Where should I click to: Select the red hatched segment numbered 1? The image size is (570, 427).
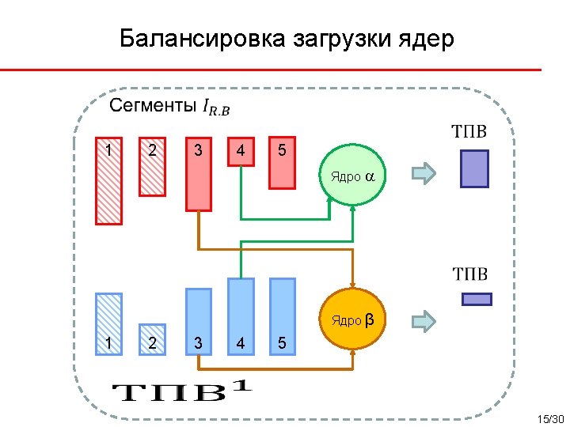(x=109, y=182)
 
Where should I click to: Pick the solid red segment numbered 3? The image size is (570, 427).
(x=199, y=175)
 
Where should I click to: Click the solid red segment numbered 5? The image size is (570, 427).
(x=282, y=163)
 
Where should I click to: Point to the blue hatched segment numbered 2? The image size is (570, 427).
(x=152, y=337)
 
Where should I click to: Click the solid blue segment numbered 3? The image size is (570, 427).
(x=199, y=319)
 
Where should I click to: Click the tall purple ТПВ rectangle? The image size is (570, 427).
(x=474, y=168)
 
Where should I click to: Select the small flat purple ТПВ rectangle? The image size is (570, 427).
(x=477, y=299)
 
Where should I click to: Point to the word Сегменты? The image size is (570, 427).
(x=153, y=105)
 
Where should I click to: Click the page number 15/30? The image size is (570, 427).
(x=549, y=418)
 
